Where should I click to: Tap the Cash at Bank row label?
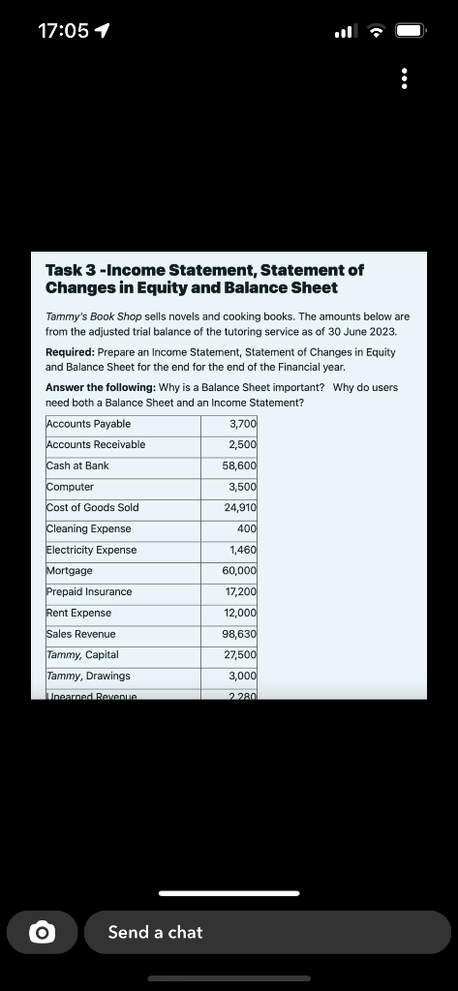(78, 465)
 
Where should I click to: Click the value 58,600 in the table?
(240, 465)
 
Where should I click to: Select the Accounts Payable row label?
(89, 424)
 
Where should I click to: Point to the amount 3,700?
(243, 424)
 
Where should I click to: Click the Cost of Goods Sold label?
(93, 507)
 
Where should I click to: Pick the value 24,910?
(240, 507)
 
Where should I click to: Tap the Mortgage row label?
(70, 570)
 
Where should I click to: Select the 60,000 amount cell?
(240, 570)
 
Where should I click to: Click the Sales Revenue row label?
(81, 634)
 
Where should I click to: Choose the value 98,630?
(240, 634)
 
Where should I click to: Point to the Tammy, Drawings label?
(88, 676)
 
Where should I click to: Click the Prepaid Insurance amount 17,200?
(240, 591)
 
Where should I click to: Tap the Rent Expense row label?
(79, 613)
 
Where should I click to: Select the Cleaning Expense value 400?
(247, 528)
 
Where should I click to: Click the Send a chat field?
(267, 932)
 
